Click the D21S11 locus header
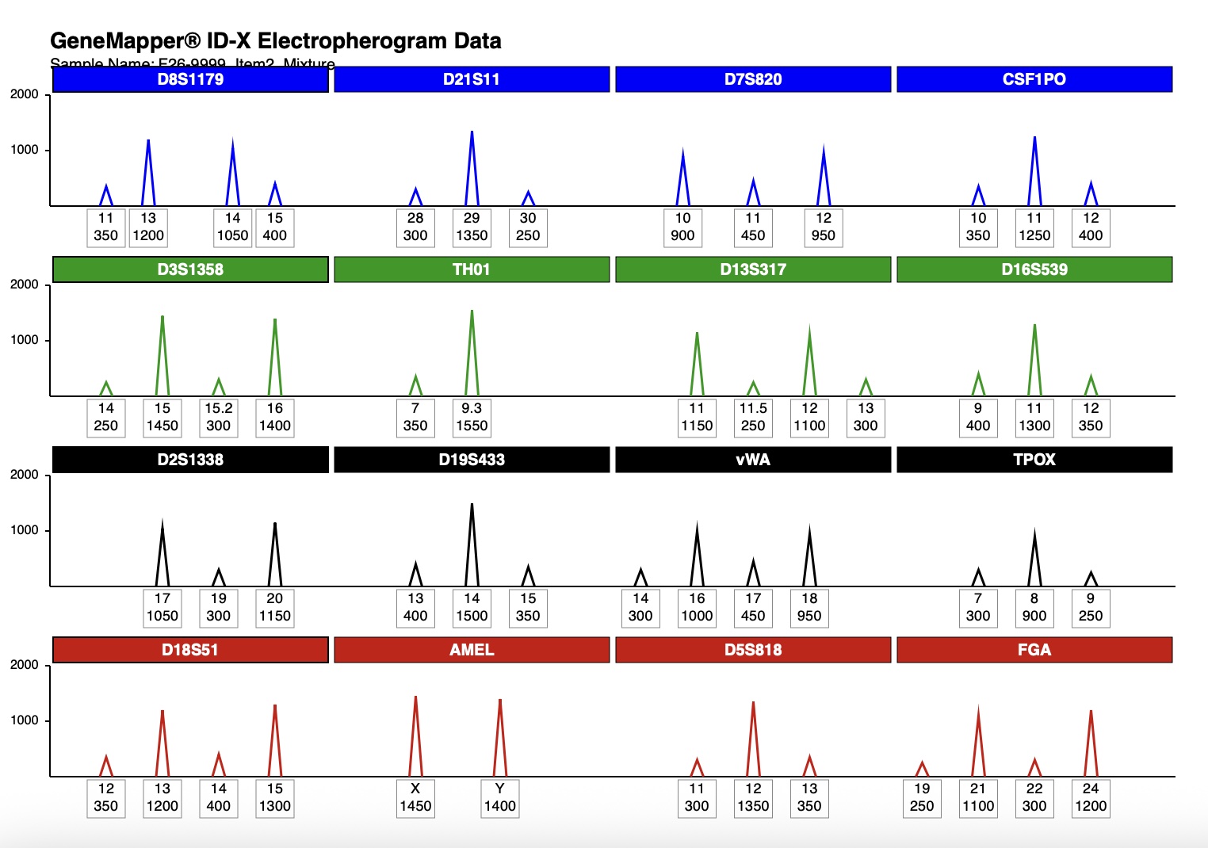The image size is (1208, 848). pos(472,79)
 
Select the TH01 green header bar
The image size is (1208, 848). pos(472,269)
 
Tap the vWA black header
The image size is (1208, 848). pos(753,460)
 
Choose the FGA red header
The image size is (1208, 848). pos(1034,650)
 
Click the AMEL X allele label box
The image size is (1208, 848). pos(415,798)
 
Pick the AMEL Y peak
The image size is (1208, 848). pos(500,737)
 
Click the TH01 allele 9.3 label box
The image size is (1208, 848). pos(472,418)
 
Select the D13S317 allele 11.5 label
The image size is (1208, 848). pos(753,418)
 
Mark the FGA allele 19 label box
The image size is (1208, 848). pos(922,798)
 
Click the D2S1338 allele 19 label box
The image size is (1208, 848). pos(219,608)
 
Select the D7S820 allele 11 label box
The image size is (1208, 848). pos(753,227)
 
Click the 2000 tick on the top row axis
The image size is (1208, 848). pos(25,94)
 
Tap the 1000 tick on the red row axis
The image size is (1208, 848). pos(25,720)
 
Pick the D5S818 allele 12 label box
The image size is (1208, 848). pos(753,798)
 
